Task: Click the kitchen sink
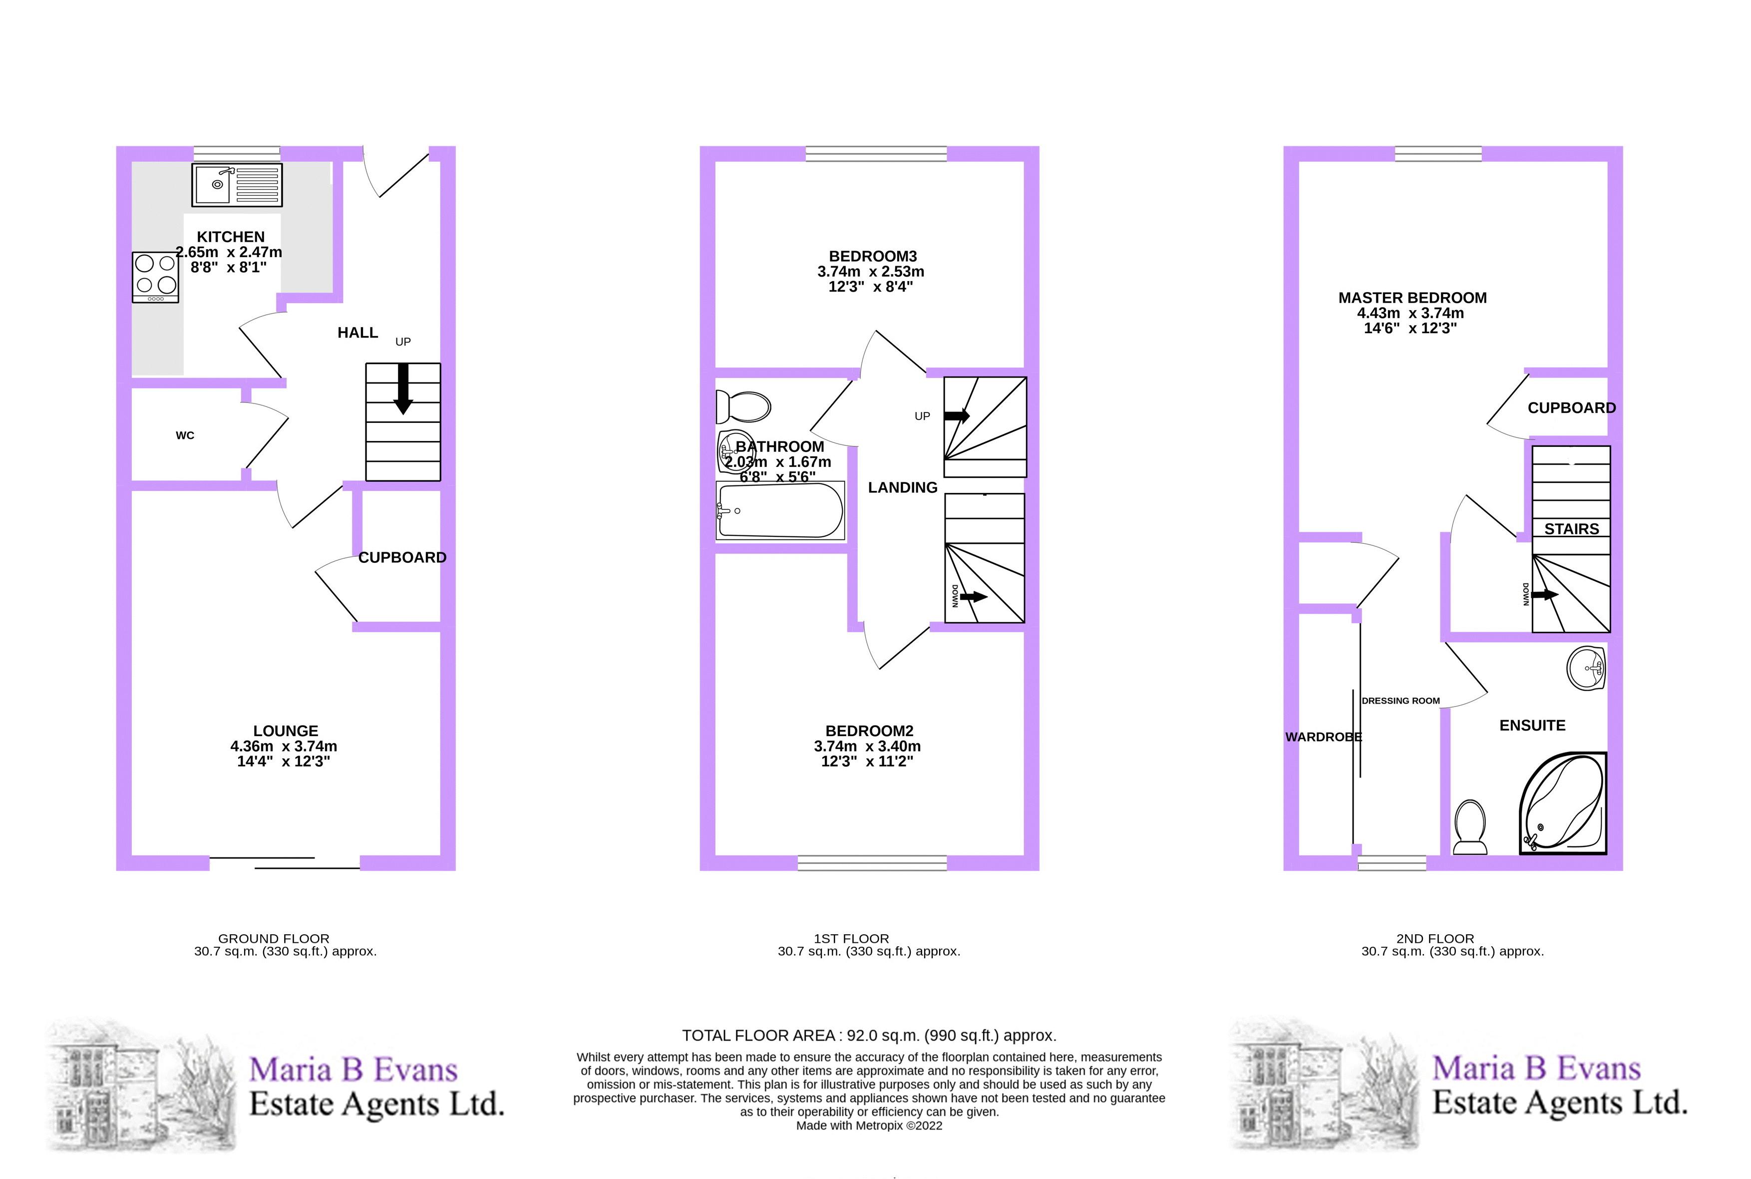pos(237,184)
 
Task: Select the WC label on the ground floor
pos(185,435)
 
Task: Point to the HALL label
pos(358,333)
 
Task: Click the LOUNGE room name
pos(286,731)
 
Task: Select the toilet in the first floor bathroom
pos(743,407)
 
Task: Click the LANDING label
pos(903,487)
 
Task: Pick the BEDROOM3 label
pos(873,256)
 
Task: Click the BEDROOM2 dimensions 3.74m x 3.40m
pos(868,746)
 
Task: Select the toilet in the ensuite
pos(1470,827)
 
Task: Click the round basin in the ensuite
pos(1586,668)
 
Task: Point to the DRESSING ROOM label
pos(1401,701)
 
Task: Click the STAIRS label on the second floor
pos(1571,529)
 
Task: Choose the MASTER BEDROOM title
pos(1412,298)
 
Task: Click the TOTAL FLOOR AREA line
pos(869,1035)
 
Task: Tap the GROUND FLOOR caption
pos(274,938)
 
